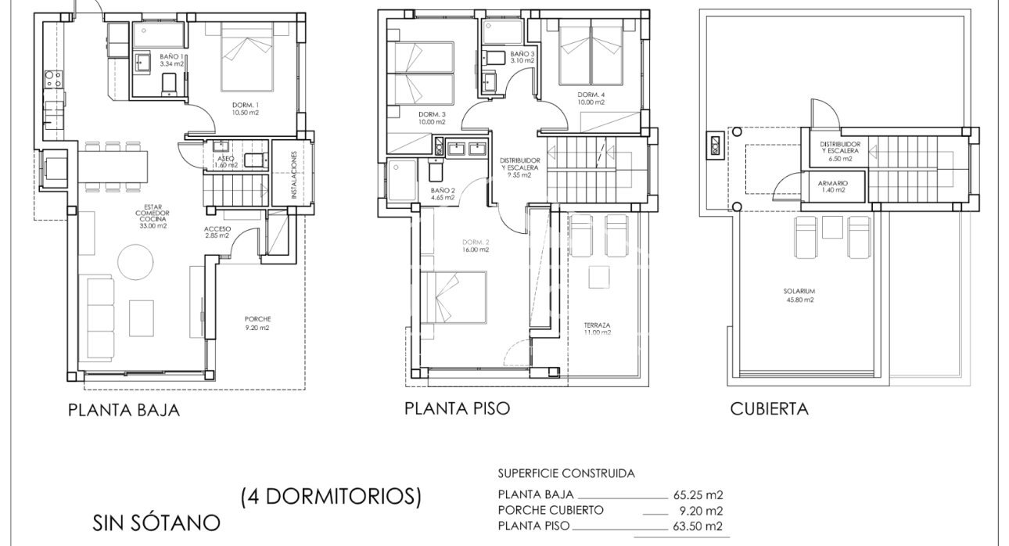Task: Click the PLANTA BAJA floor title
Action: pos(124,410)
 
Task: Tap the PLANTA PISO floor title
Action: pos(457,408)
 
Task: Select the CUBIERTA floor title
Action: pos(769,408)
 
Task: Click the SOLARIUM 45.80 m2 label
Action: pos(799,295)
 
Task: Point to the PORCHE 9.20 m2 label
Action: pos(257,323)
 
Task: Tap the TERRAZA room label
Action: pos(597,329)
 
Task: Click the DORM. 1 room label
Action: pos(245,109)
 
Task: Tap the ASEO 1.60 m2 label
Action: pos(226,161)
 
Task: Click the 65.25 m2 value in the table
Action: pos(697,494)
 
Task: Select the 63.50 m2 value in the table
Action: pos(697,526)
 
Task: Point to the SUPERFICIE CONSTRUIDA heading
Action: pos(566,473)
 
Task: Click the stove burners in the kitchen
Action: pos(52,78)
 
